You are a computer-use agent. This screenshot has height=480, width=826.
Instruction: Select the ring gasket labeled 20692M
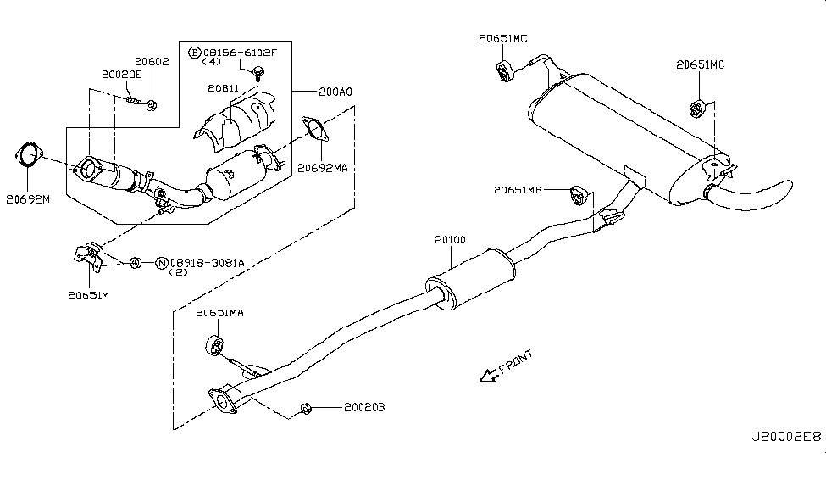pyautogui.click(x=30, y=158)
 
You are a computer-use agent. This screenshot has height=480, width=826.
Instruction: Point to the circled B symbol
pyautogui.click(x=195, y=53)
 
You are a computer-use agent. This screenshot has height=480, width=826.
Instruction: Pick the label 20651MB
pyautogui.click(x=518, y=191)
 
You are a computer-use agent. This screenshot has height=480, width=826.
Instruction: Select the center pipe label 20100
pyautogui.click(x=449, y=241)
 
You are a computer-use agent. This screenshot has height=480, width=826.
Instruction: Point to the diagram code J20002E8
pyautogui.click(x=786, y=436)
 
